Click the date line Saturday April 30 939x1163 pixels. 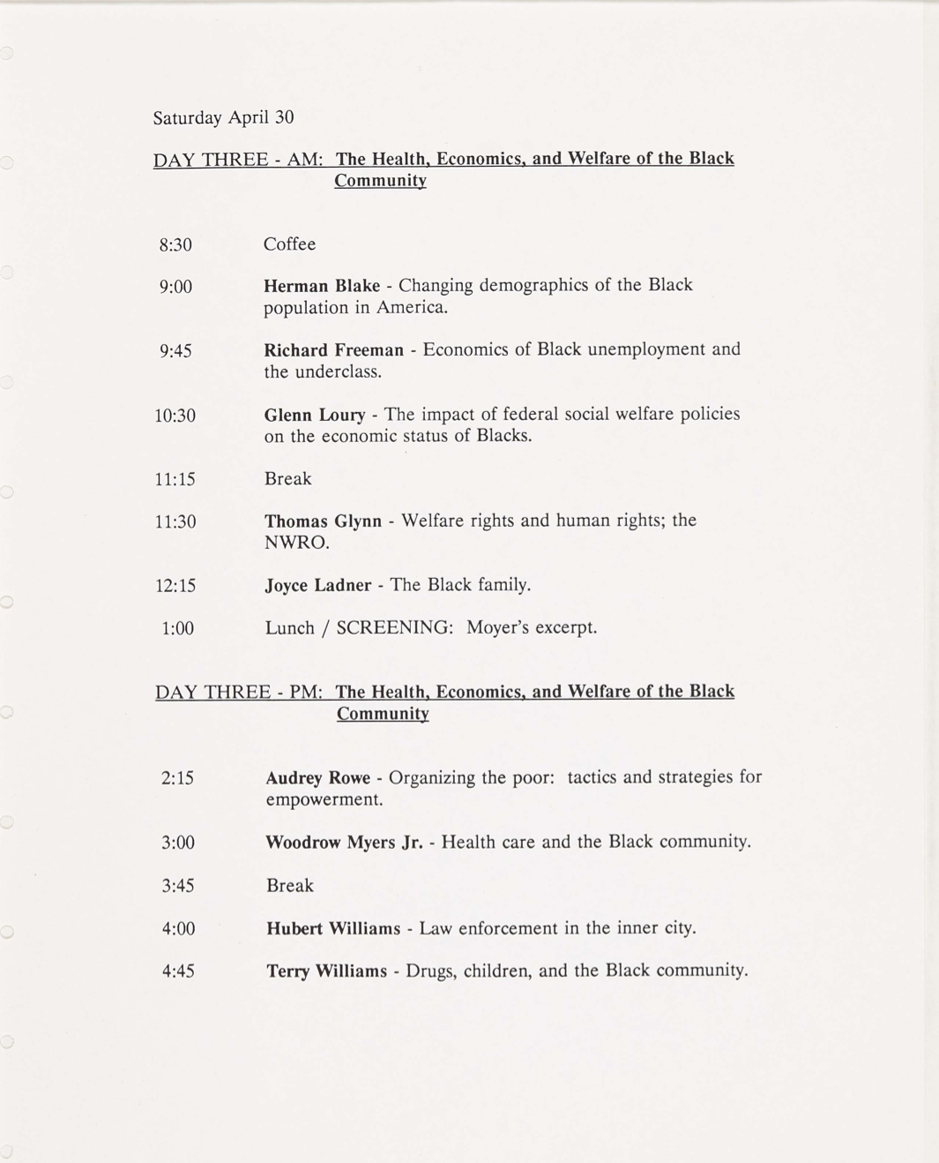pyautogui.click(x=223, y=117)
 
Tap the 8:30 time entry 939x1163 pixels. pyautogui.click(x=175, y=244)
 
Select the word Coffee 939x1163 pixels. pyautogui.click(x=289, y=244)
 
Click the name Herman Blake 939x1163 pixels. pyautogui.click(x=322, y=286)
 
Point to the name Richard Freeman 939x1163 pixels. pyautogui.click(x=333, y=350)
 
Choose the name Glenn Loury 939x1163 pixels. pyautogui.click(x=315, y=415)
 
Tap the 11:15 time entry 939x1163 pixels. pyautogui.click(x=175, y=479)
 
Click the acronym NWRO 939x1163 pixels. pyautogui.click(x=296, y=543)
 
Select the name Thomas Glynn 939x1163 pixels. pyautogui.click(x=323, y=521)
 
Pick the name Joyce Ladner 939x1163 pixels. pyautogui.click(x=318, y=585)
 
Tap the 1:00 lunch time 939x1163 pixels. pyautogui.click(x=177, y=628)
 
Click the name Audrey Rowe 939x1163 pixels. pyautogui.click(x=317, y=778)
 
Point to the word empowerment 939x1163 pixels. pyautogui.click(x=324, y=800)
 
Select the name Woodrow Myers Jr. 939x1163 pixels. pyautogui.click(x=344, y=843)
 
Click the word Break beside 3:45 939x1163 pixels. pyautogui.click(x=290, y=886)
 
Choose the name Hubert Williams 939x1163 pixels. pyautogui.click(x=333, y=928)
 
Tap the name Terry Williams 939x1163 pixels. pyautogui.click(x=326, y=972)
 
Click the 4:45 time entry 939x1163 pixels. pyautogui.click(x=178, y=972)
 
